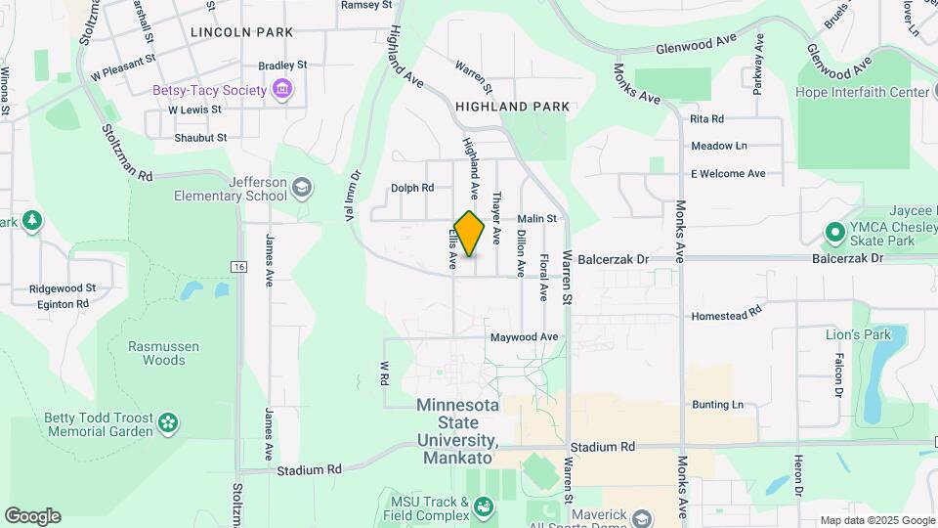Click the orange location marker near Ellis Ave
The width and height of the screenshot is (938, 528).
click(x=469, y=234)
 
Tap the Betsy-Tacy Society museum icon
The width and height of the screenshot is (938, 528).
click(x=282, y=91)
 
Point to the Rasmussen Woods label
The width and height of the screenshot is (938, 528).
click(x=156, y=353)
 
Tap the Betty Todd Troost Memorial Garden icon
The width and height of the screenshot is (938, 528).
click(x=169, y=422)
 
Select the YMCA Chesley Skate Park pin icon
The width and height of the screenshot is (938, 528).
click(x=834, y=234)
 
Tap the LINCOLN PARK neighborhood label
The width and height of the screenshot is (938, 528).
click(x=242, y=32)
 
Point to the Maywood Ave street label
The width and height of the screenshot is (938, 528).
click(x=524, y=337)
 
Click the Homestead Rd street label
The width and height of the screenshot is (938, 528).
click(x=726, y=316)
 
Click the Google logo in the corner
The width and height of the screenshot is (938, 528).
click(x=32, y=515)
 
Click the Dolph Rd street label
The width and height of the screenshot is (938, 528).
click(x=411, y=188)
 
